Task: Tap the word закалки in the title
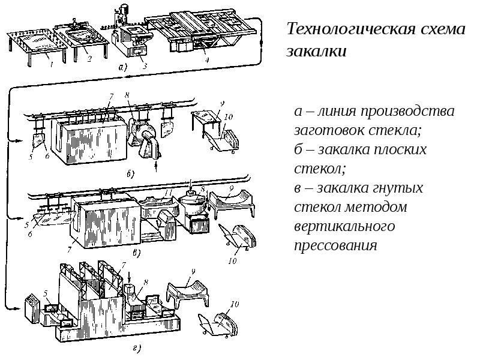(x=317, y=52)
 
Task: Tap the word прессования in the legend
(x=335, y=245)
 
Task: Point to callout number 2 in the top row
(x=88, y=59)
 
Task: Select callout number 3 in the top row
(x=145, y=67)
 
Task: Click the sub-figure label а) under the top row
(x=122, y=68)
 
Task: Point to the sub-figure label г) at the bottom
(x=137, y=346)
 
